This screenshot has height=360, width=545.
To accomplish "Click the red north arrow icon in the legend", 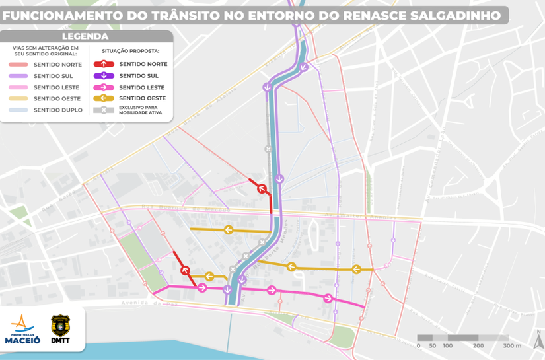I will pyautogui.click(x=104, y=64).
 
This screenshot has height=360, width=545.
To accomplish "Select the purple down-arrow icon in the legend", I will pyautogui.click(x=104, y=75).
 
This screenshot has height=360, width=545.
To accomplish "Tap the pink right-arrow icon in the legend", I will pyautogui.click(x=104, y=87).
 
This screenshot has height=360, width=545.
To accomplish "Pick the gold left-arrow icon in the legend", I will pyautogui.click(x=104, y=98).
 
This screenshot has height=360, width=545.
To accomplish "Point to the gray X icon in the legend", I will pyautogui.click(x=104, y=110).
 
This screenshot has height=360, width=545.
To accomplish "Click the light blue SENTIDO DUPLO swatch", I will pyautogui.click(x=17, y=110).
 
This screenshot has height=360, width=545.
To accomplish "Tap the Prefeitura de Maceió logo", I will pyautogui.click(x=22, y=329).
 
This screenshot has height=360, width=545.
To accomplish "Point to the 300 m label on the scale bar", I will pyautogui.click(x=513, y=345).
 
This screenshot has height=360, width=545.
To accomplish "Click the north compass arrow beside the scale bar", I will pyautogui.click(x=538, y=341).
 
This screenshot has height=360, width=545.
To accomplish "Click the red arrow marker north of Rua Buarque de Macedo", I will pyautogui.click(x=261, y=188).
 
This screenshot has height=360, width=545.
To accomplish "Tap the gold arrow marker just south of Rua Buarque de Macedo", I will pyautogui.click(x=228, y=230).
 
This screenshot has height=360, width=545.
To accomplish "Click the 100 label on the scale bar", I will pyautogui.click(x=448, y=345).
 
